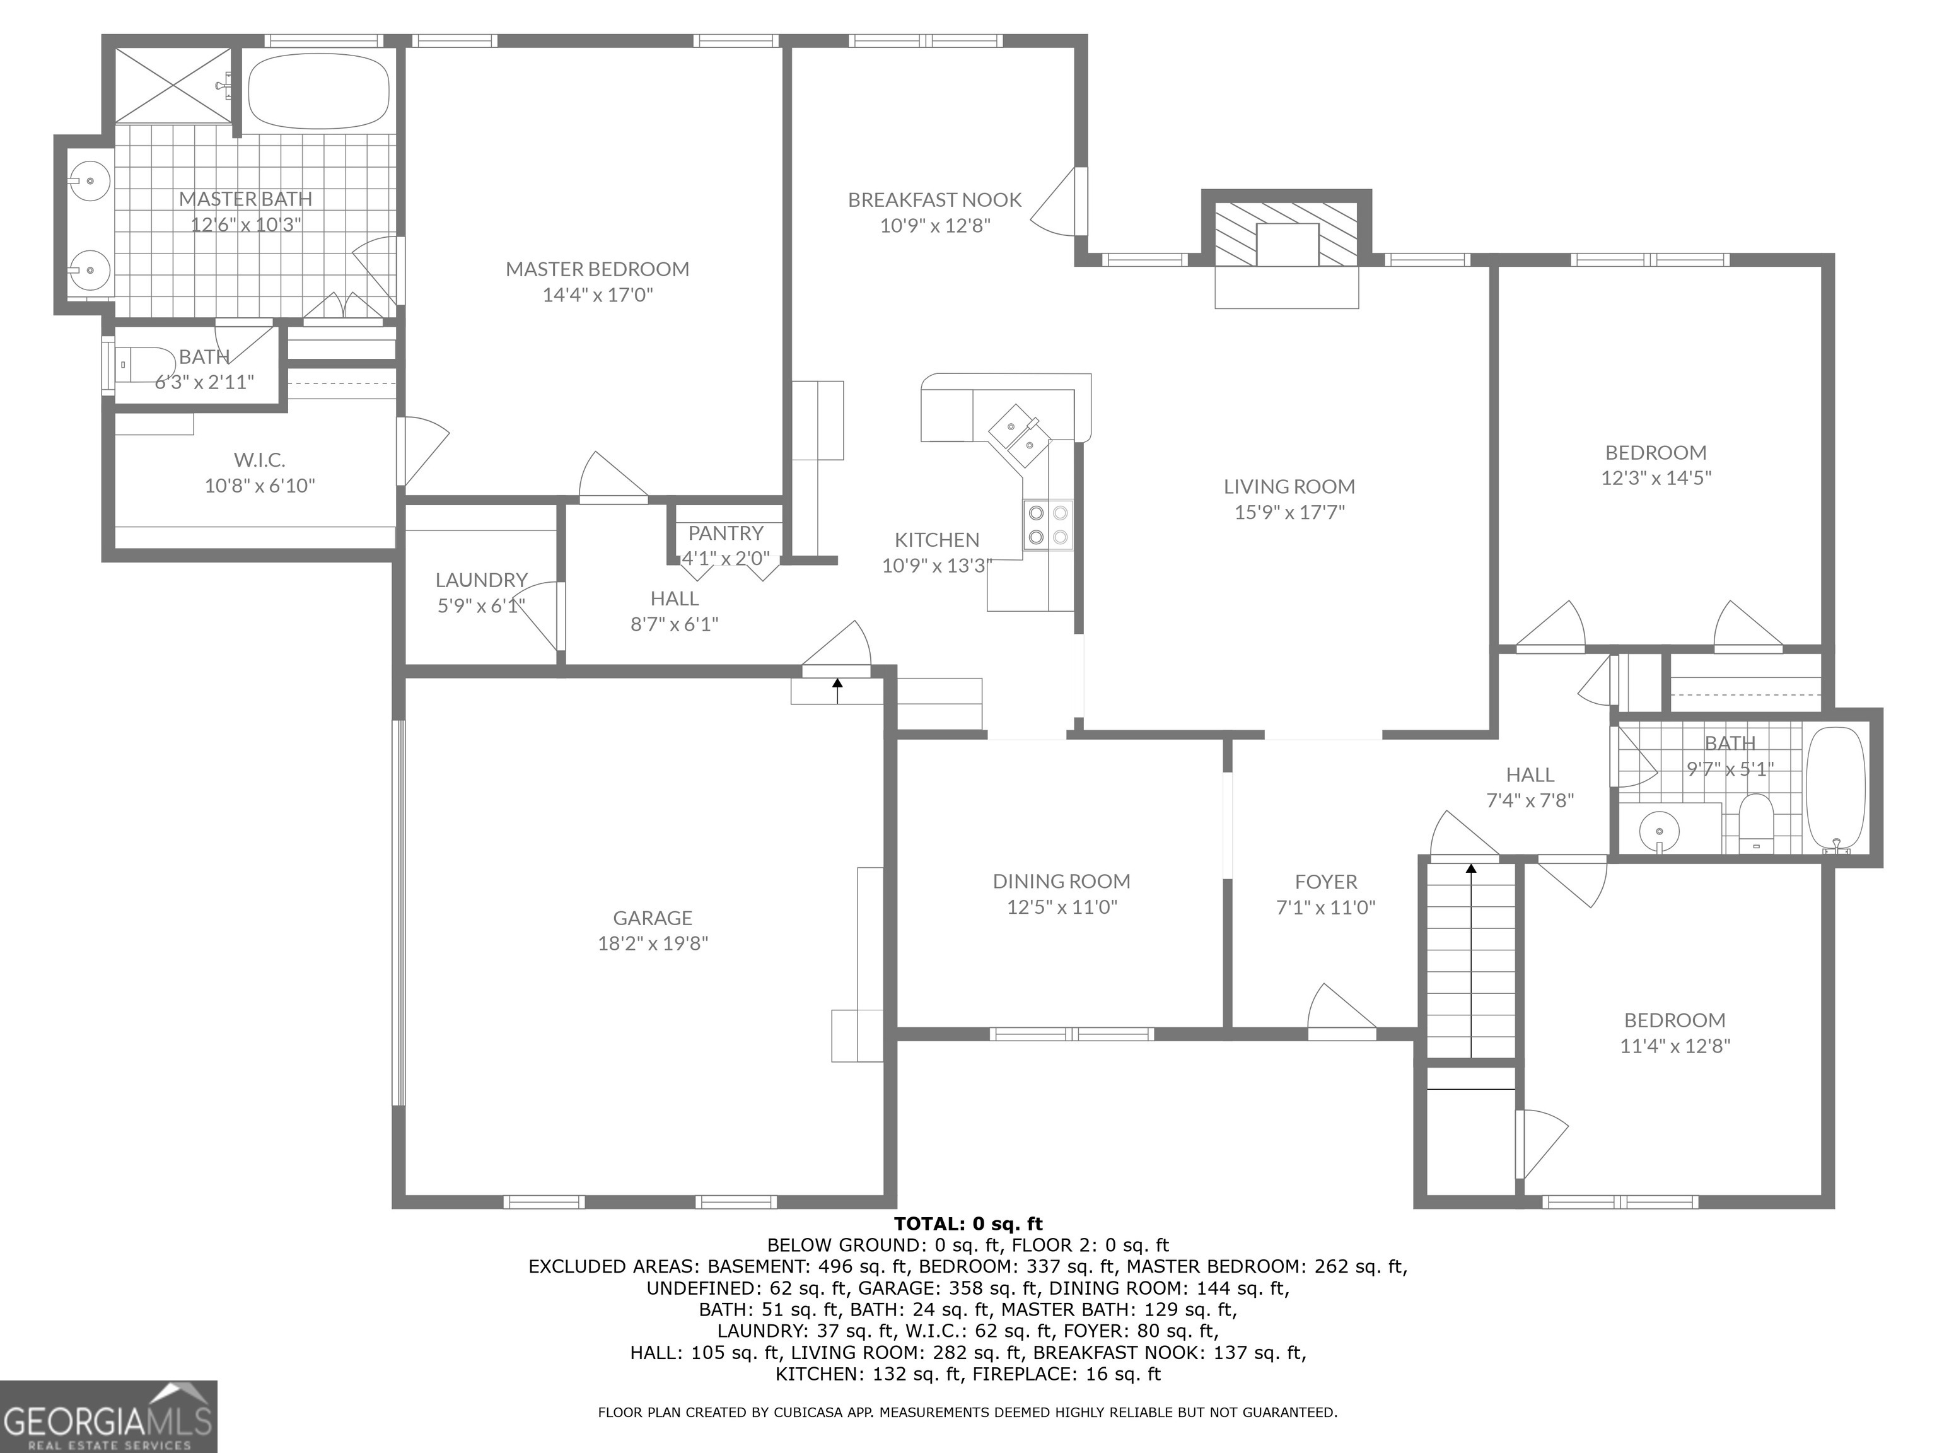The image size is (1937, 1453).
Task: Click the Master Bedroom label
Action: [597, 269]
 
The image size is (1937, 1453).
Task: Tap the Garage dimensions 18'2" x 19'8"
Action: [653, 943]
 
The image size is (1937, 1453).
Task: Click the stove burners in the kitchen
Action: [1047, 525]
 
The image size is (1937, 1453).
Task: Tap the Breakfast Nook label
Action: [934, 200]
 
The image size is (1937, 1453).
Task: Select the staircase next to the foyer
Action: [1471, 959]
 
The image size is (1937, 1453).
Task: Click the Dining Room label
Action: [1061, 881]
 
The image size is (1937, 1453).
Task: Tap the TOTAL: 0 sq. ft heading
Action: [968, 1223]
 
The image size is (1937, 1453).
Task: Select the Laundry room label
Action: [480, 580]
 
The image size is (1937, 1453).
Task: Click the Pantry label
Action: [725, 532]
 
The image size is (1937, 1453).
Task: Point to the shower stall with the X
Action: [173, 85]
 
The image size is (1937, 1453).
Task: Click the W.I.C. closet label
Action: [259, 460]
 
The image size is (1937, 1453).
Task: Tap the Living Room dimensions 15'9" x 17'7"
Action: [1289, 512]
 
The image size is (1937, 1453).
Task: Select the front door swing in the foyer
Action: [1340, 1012]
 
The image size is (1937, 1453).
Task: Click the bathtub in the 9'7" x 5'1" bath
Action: [1836, 788]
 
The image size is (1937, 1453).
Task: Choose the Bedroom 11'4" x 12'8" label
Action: [1674, 1020]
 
